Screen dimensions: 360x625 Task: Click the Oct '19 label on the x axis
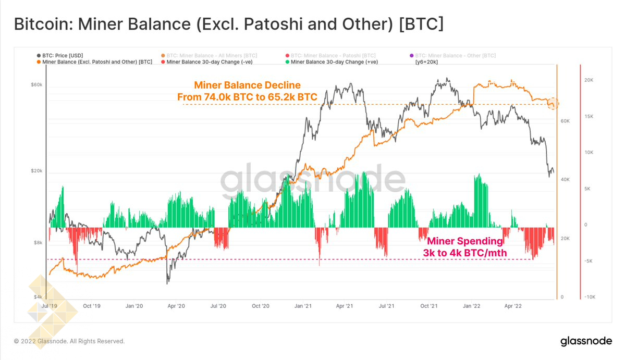[92, 306]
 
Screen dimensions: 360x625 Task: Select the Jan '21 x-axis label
[303, 306]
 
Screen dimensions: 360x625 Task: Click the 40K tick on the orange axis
[565, 180]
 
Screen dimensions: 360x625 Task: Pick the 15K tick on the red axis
[590, 116]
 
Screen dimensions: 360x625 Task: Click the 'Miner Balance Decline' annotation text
[247, 85]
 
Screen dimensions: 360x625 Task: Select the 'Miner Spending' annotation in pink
[465, 241]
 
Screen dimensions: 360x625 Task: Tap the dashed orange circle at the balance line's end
[553, 104]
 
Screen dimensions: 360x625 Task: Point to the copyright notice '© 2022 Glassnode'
[69, 341]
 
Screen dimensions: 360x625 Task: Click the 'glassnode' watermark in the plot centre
[313, 180]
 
